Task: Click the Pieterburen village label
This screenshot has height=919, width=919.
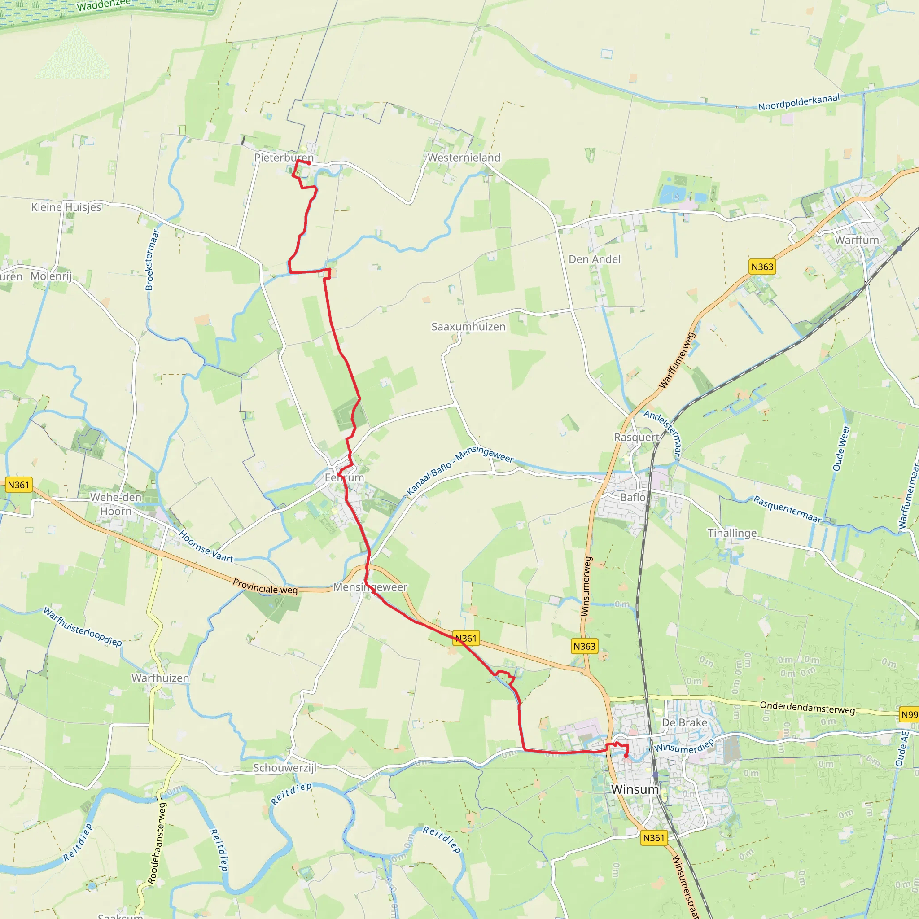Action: pyautogui.click(x=284, y=158)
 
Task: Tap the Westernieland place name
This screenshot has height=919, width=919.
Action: pyautogui.click(x=464, y=158)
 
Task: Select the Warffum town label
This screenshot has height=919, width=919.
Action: pyautogui.click(x=857, y=240)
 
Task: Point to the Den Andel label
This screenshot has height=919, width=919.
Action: pyautogui.click(x=595, y=259)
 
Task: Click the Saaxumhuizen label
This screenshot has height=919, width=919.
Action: pyautogui.click(x=468, y=327)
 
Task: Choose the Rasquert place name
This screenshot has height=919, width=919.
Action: pyautogui.click(x=636, y=437)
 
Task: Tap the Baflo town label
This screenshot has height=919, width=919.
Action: pyautogui.click(x=633, y=497)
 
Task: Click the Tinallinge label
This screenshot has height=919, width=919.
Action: pyautogui.click(x=732, y=533)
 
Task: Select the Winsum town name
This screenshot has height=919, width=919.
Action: pyautogui.click(x=635, y=789)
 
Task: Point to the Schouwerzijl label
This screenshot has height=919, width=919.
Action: pyautogui.click(x=284, y=768)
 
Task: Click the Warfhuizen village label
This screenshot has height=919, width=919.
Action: pyautogui.click(x=160, y=678)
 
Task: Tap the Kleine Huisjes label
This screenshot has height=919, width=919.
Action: pyautogui.click(x=66, y=207)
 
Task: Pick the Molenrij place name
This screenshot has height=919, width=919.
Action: pyautogui.click(x=51, y=276)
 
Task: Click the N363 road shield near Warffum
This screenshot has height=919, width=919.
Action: pyautogui.click(x=762, y=267)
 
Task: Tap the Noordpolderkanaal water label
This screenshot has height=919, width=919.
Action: pyautogui.click(x=799, y=102)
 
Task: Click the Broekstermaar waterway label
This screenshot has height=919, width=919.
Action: pyautogui.click(x=152, y=259)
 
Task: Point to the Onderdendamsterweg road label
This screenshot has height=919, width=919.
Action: pyautogui.click(x=807, y=708)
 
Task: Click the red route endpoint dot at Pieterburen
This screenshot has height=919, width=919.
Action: pyautogui.click(x=309, y=163)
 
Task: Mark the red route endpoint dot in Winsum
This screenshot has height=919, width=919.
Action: pyautogui.click(x=626, y=756)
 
